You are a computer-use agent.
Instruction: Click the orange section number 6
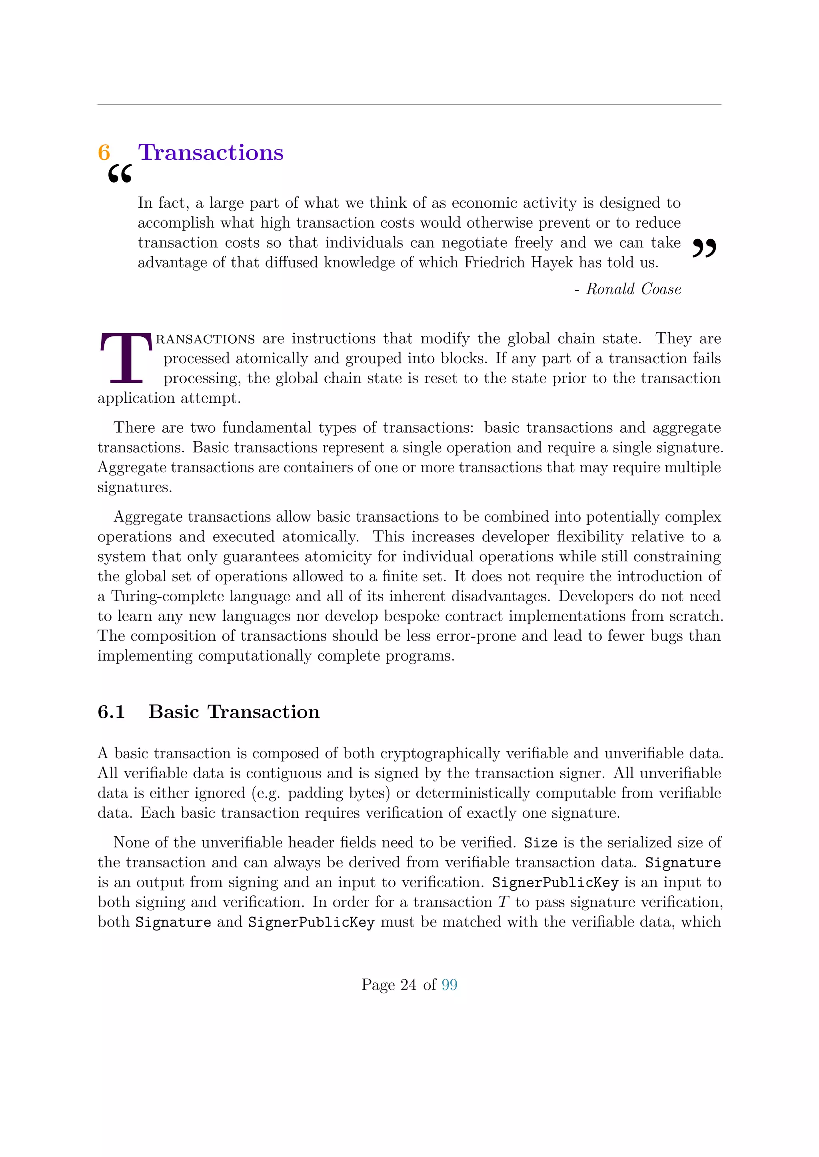tap(104, 153)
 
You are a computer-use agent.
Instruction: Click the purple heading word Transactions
tap(211, 153)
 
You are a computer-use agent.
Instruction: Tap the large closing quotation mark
tap(704, 248)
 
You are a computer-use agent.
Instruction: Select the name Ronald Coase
tap(633, 289)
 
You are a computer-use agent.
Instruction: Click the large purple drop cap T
tap(126, 358)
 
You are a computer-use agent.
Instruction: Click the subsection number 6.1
tap(111, 712)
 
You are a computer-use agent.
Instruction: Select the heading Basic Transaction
tap(234, 712)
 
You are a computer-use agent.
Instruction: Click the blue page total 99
tap(449, 985)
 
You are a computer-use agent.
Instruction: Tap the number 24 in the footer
tap(408, 985)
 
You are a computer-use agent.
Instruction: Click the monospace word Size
tap(541, 843)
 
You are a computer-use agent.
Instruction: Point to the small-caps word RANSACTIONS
tap(205, 339)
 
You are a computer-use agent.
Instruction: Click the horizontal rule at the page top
tap(409, 105)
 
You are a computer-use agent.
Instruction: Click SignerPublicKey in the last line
tap(311, 922)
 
